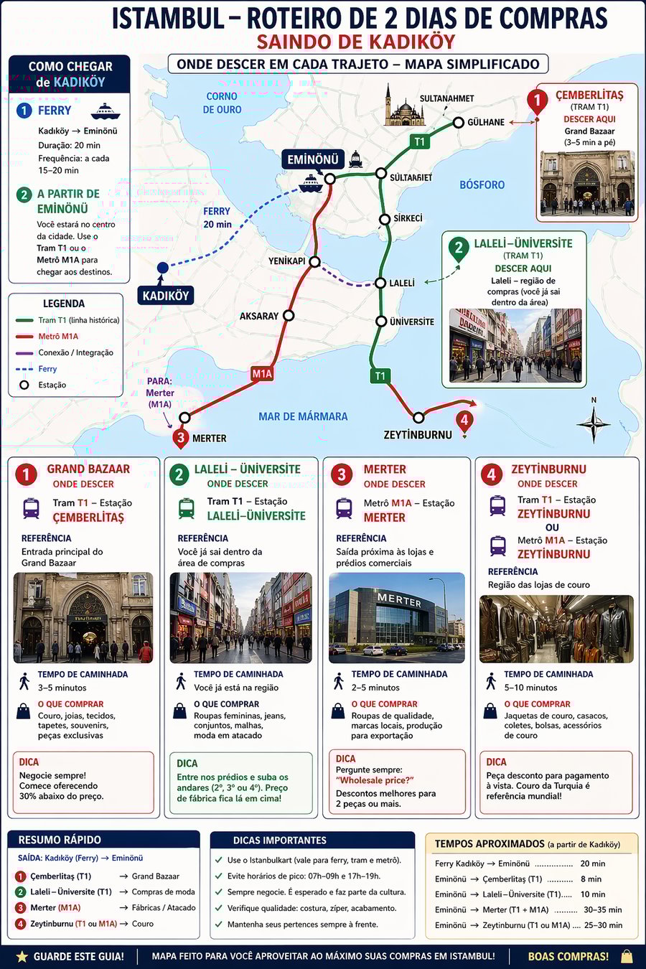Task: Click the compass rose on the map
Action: point(594,424)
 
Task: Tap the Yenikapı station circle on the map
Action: point(314,262)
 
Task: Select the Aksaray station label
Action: point(259,316)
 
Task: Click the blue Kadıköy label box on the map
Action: point(166,296)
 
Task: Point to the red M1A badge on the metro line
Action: point(262,373)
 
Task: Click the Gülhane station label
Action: point(486,122)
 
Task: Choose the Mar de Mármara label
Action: point(303,416)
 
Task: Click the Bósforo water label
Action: point(482,184)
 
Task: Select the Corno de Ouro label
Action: point(222,103)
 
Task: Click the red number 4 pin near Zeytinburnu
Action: point(464,421)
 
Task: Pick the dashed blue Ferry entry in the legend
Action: point(47,369)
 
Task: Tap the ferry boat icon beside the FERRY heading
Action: point(105,111)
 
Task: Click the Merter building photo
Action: point(396,617)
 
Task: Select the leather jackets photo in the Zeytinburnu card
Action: point(556,629)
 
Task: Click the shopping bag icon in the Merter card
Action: point(338,711)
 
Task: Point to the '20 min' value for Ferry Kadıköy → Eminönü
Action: point(592,863)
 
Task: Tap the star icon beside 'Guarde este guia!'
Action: point(22,956)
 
